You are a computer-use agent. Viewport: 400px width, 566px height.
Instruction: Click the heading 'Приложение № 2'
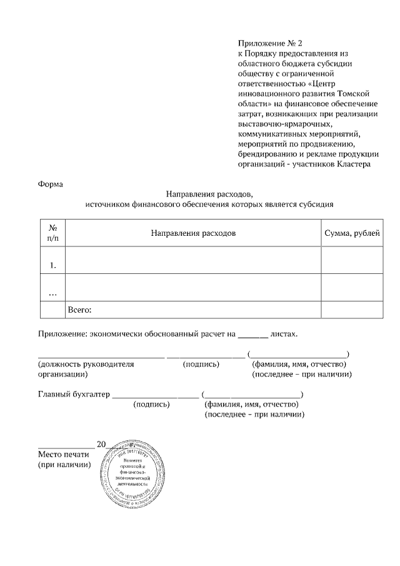(269, 43)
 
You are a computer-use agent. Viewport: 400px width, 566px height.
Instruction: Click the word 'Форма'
(51, 184)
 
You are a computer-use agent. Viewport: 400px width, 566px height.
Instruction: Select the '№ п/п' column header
(53, 233)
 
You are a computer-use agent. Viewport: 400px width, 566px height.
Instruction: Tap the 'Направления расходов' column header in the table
(193, 233)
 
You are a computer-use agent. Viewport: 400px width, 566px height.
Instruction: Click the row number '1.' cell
(53, 265)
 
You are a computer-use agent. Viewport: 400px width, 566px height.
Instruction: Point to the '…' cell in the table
(53, 292)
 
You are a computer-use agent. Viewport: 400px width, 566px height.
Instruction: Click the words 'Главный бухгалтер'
(74, 394)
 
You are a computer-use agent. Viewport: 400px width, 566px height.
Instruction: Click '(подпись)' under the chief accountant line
(151, 405)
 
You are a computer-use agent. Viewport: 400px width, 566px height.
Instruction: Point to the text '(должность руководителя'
(86, 364)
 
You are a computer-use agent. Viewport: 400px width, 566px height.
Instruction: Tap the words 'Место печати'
(64, 454)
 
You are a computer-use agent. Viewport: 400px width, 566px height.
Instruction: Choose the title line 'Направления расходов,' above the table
(209, 194)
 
